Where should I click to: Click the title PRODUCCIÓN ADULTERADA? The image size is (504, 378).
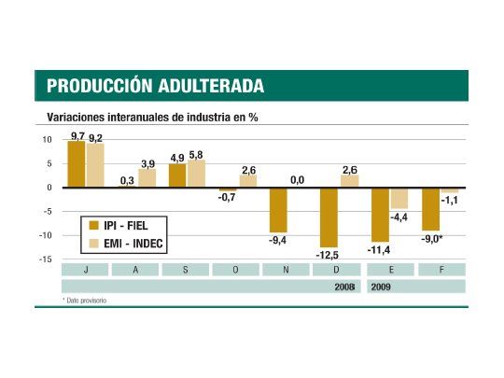(155, 87)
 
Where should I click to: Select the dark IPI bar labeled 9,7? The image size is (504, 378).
(76, 164)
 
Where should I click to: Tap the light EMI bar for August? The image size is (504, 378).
(147, 178)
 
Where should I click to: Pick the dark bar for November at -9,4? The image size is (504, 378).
(277, 210)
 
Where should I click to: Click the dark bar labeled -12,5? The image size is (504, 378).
(328, 217)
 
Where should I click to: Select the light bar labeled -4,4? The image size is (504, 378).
(399, 198)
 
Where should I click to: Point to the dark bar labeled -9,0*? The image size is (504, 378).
(429, 209)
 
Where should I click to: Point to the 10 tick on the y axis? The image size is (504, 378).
(48, 140)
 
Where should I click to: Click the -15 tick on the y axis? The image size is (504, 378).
(46, 259)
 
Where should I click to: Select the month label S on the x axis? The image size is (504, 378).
(185, 270)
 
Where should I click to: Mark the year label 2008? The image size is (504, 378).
(346, 287)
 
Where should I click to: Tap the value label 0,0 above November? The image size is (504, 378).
(296, 180)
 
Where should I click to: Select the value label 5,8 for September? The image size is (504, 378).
(196, 154)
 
